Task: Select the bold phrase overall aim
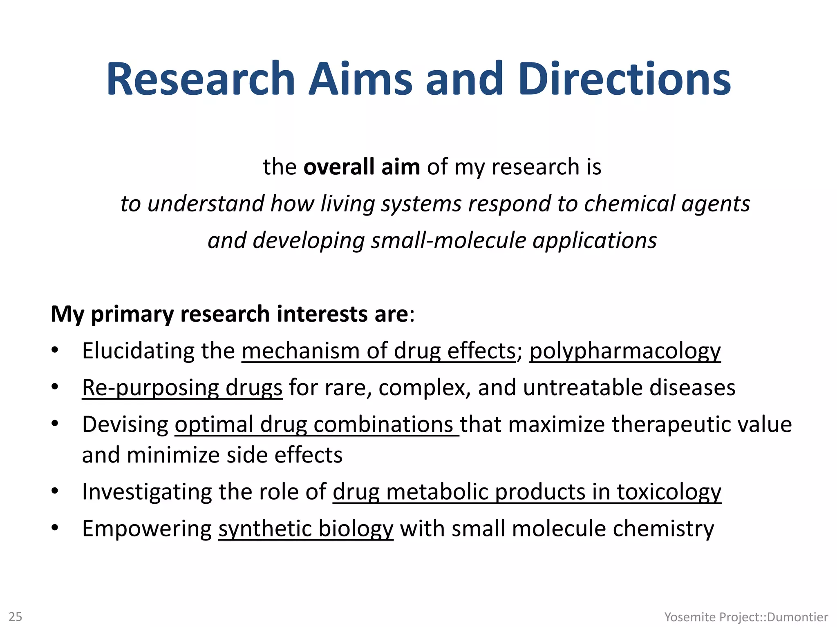[362, 167]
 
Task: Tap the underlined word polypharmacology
[625, 351]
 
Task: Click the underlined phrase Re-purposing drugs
[182, 388]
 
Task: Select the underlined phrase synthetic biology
[306, 529]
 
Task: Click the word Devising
[125, 425]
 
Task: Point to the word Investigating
[147, 492]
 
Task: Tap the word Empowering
[147, 529]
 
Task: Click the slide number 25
[16, 616]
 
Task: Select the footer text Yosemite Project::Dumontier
[746, 617]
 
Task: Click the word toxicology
[669, 492]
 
